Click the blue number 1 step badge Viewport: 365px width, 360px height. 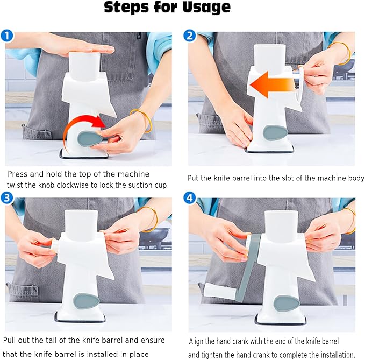(x=7, y=36)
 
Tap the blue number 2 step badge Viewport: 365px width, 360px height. (x=190, y=36)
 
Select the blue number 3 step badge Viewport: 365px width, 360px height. (x=7, y=197)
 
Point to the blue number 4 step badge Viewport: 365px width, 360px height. (x=190, y=198)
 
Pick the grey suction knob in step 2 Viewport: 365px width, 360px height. (x=275, y=132)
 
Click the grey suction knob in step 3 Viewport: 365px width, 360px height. (x=86, y=301)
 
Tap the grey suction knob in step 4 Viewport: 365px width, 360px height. (x=287, y=303)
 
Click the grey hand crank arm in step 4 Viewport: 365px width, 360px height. (x=249, y=268)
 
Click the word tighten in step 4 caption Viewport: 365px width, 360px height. (x=213, y=355)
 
